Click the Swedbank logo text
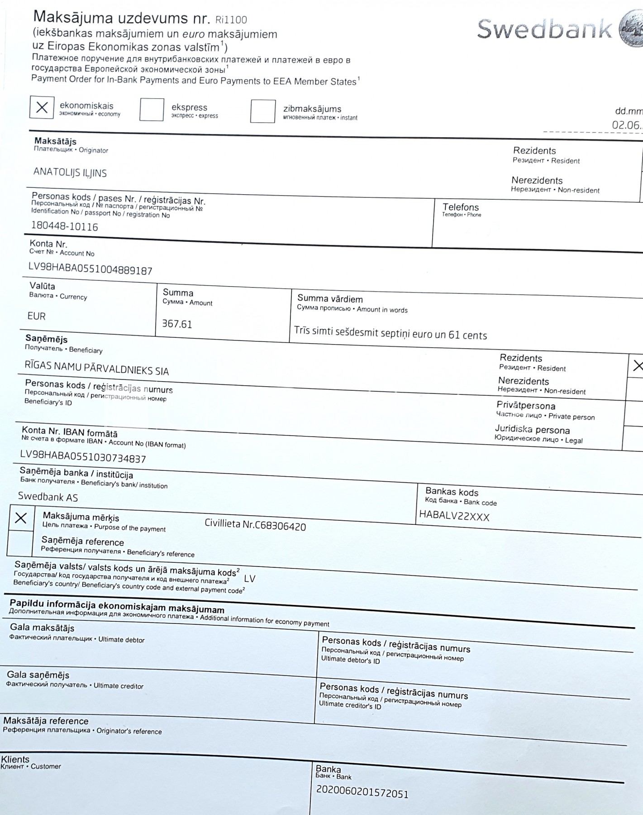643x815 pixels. click(544, 29)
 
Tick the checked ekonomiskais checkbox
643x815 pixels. click(42, 107)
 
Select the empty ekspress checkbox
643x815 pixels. click(152, 110)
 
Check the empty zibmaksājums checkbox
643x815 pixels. click(262, 111)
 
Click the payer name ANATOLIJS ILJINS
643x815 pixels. click(70, 173)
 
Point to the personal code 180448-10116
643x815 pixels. click(64, 226)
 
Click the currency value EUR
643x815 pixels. click(36, 316)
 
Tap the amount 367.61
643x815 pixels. click(177, 324)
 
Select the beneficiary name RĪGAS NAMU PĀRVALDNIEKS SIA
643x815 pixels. click(96, 368)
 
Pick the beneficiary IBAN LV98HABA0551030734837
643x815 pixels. click(83, 457)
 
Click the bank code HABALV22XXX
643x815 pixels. click(454, 516)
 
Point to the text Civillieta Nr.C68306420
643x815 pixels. click(255, 525)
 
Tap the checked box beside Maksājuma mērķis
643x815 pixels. click(21, 518)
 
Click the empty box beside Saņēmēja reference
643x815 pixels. click(20, 543)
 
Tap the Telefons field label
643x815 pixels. click(460, 207)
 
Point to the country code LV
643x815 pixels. click(249, 579)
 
